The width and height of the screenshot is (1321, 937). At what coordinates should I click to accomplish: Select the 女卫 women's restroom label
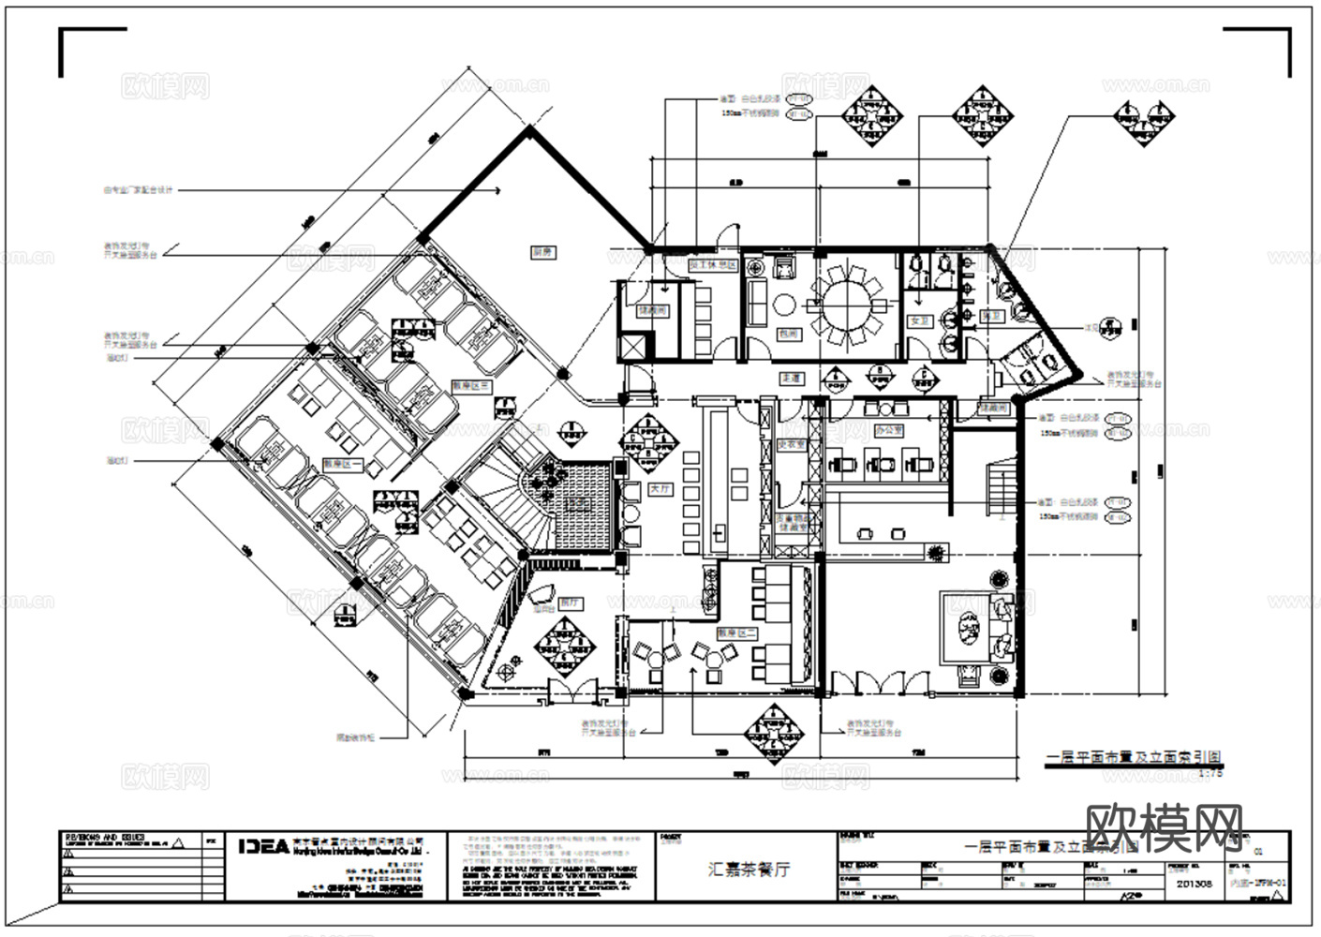point(920,321)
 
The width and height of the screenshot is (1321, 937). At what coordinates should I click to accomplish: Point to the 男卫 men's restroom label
point(990,317)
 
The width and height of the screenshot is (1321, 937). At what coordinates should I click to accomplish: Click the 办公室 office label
point(888,431)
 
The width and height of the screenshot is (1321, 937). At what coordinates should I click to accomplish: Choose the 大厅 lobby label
point(660,489)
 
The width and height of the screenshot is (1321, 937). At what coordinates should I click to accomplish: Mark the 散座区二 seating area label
point(730,633)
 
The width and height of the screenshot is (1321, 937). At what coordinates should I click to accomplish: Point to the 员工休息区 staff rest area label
point(708,266)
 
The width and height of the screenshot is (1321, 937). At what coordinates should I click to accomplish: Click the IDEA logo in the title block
point(263,846)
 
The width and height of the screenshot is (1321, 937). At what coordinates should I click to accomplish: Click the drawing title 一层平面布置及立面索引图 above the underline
point(1134,757)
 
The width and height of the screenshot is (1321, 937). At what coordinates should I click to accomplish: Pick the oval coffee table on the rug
point(964,626)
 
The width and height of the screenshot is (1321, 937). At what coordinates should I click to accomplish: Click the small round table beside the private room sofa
point(784,304)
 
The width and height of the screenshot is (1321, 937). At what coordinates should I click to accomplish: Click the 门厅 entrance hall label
point(569,603)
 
